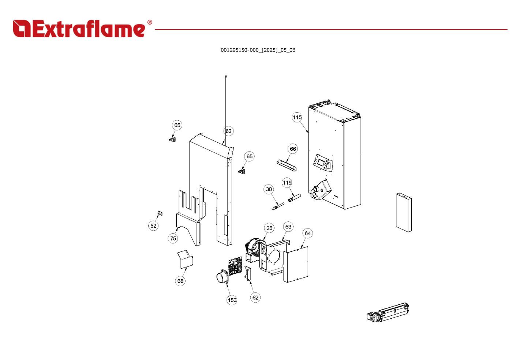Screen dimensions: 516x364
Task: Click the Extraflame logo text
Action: click(79, 29)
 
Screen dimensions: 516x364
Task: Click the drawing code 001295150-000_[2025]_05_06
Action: click(258, 50)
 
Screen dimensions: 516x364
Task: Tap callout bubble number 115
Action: click(297, 117)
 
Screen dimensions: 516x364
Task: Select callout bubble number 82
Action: click(228, 131)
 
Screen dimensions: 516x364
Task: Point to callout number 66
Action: click(293, 149)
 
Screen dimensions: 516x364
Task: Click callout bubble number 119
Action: click(287, 183)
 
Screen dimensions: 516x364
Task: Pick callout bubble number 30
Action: click(269, 189)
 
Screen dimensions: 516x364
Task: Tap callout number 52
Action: click(153, 226)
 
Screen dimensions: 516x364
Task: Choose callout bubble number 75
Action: click(173, 238)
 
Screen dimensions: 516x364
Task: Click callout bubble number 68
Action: click(180, 281)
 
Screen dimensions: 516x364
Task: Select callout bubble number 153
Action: click(232, 300)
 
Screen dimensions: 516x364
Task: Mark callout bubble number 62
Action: click(255, 297)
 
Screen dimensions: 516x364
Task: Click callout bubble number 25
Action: click(269, 228)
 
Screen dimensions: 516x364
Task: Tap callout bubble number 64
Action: click(307, 233)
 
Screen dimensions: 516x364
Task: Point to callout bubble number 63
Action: click(288, 227)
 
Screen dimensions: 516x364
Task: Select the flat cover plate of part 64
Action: click(296, 264)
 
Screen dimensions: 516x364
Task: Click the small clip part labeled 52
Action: click(160, 213)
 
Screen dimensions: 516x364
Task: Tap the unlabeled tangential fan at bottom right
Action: click(388, 312)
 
